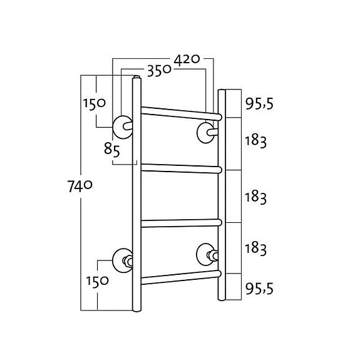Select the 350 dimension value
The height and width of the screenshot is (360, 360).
click(160, 70)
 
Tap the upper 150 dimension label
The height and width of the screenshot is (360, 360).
click(93, 103)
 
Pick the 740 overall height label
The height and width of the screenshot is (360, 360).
click(80, 185)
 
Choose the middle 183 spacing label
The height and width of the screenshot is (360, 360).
click(256, 196)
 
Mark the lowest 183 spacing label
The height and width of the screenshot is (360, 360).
click(256, 249)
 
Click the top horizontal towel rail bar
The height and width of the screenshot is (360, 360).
click(180, 113)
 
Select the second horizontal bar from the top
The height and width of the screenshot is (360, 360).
click(180, 167)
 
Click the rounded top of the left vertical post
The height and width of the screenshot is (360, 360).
click(136, 80)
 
